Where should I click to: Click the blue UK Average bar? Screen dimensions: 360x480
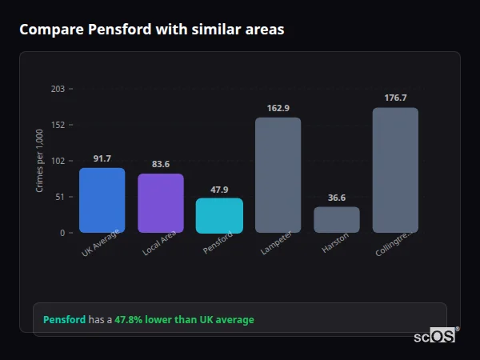click(x=102, y=200)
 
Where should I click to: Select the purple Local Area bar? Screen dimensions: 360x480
click(x=161, y=203)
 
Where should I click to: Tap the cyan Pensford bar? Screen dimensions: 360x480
click(x=219, y=216)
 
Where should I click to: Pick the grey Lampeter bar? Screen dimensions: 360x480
click(x=278, y=175)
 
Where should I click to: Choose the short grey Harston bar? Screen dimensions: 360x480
click(x=337, y=220)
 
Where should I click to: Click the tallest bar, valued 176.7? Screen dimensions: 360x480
click(x=395, y=170)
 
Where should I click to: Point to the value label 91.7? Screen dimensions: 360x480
click(x=102, y=158)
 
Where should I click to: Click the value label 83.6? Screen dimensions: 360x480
click(x=161, y=165)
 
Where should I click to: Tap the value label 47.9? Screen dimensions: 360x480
click(x=219, y=190)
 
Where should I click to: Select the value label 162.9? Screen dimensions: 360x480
click(x=278, y=108)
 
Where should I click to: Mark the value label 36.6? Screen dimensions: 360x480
click(x=337, y=198)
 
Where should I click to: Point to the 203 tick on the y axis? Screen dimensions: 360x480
click(x=58, y=89)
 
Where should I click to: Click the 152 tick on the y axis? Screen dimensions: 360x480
click(x=58, y=125)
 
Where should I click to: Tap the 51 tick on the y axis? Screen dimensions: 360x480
click(x=59, y=197)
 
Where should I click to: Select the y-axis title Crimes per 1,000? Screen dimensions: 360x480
click(x=40, y=161)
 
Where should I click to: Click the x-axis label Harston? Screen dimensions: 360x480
click(x=335, y=244)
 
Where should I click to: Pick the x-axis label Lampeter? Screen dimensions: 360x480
click(x=276, y=244)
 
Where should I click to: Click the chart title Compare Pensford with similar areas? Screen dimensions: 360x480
click(x=151, y=30)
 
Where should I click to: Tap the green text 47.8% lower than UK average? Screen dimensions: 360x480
click(x=184, y=320)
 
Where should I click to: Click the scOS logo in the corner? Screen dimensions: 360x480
click(x=434, y=336)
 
